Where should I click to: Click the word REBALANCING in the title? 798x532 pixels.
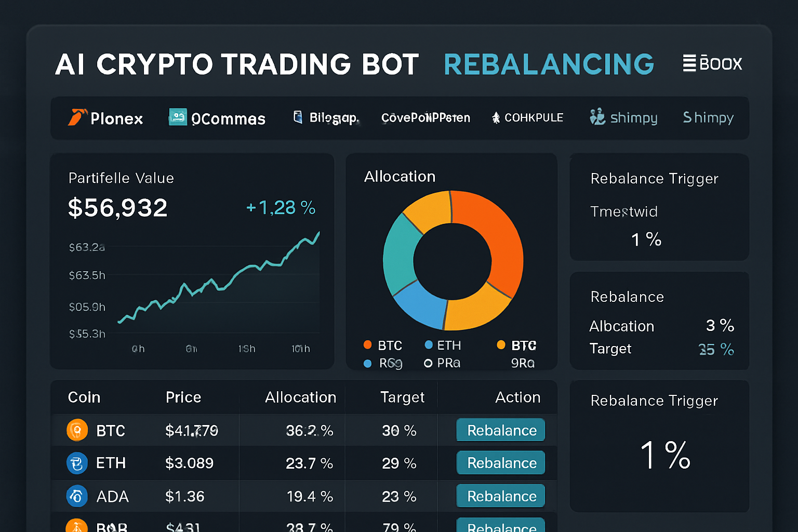pyautogui.click(x=549, y=64)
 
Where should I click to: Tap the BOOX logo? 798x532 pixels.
pyautogui.click(x=712, y=63)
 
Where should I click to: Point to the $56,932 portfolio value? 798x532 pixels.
pyautogui.click(x=118, y=208)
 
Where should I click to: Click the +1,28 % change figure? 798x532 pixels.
pyautogui.click(x=281, y=208)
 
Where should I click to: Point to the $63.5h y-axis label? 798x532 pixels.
pyautogui.click(x=87, y=275)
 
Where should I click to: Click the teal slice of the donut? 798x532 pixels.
pyautogui.click(x=398, y=255)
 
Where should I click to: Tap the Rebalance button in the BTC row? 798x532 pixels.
pyautogui.click(x=501, y=430)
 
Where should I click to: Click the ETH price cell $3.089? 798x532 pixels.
pyautogui.click(x=189, y=463)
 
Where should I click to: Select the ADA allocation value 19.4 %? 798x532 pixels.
pyautogui.click(x=310, y=497)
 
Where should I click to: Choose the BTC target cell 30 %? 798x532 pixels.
pyautogui.click(x=399, y=430)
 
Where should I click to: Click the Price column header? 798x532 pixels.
pyautogui.click(x=183, y=397)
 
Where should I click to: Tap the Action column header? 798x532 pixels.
pyautogui.click(x=517, y=397)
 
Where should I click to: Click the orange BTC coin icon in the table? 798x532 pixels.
pyautogui.click(x=77, y=430)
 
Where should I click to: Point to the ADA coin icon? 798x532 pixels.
pyautogui.click(x=77, y=496)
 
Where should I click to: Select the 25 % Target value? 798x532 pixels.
pyautogui.click(x=716, y=349)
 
